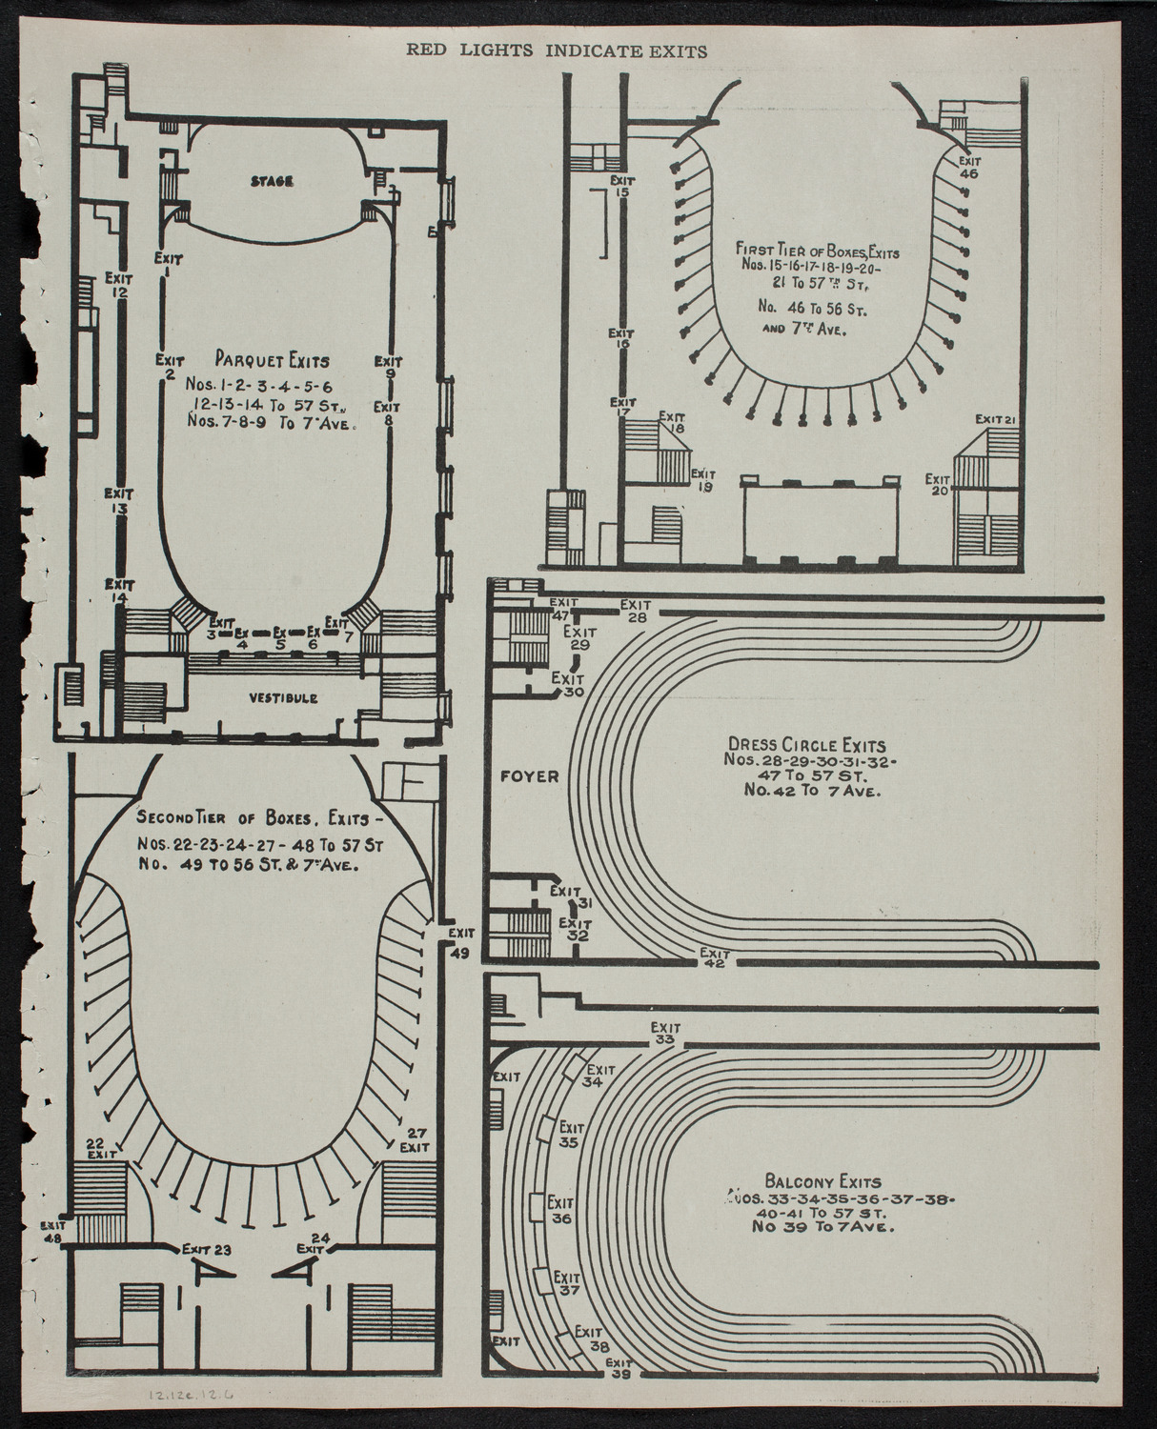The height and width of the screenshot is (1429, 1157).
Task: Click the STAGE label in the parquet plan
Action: click(x=272, y=181)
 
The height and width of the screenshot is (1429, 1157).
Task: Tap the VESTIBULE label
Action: click(x=283, y=698)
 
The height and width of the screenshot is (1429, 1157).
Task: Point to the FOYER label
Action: click(x=529, y=776)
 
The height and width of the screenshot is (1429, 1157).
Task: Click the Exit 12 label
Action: click(x=118, y=286)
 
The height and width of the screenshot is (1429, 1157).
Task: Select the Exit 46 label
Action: click(x=969, y=168)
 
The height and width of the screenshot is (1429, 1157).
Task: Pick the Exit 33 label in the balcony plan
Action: click(x=665, y=1034)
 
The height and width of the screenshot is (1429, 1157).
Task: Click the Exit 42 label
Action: click(x=714, y=958)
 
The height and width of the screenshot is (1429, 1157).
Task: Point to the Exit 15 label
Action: click(x=622, y=185)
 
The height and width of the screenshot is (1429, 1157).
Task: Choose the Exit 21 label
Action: click(x=999, y=419)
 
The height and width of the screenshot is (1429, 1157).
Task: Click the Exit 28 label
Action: click(x=636, y=611)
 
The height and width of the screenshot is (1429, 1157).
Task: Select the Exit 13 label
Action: click(x=119, y=501)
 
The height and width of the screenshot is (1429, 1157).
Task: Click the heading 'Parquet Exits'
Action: click(x=272, y=361)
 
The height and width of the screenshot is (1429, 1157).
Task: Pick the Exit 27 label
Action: click(x=415, y=1139)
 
